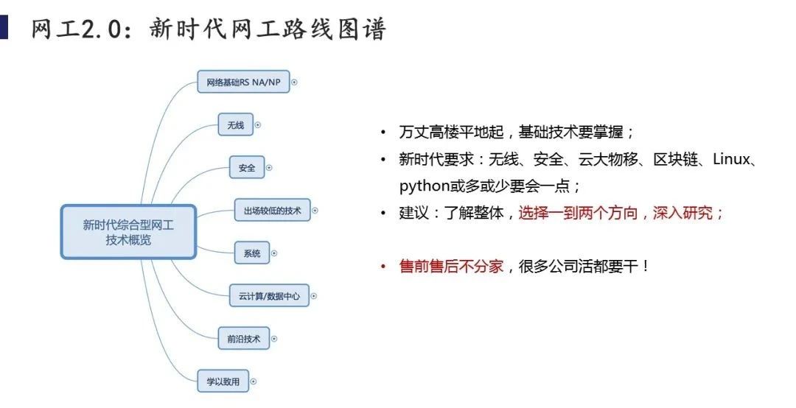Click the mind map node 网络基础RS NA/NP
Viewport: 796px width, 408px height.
pyautogui.click(x=243, y=82)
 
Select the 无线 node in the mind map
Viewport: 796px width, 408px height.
pyautogui.click(x=236, y=125)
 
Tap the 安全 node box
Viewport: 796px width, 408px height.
pyautogui.click(x=247, y=167)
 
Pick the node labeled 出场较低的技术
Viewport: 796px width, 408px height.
pyautogui.click(x=272, y=210)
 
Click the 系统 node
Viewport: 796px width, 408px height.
pyautogui.click(x=252, y=253)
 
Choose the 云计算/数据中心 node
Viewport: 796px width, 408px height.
pyautogui.click(x=269, y=296)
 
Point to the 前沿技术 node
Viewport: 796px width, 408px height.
pyautogui.click(x=244, y=339)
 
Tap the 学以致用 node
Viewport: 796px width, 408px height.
pyautogui.click(x=223, y=381)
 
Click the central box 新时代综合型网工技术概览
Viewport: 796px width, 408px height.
pyautogui.click(x=128, y=232)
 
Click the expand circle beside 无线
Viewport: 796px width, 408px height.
pyautogui.click(x=257, y=125)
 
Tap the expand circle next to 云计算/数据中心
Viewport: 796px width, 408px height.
pyautogui.click(x=314, y=296)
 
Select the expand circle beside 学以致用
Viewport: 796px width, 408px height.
pyautogui.click(x=254, y=381)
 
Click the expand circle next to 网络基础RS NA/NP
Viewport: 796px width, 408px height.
pyautogui.click(x=294, y=82)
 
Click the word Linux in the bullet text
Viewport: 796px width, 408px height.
pyautogui.click(x=731, y=159)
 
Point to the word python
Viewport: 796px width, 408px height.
pyautogui.click(x=425, y=187)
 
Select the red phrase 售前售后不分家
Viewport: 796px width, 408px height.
pyautogui.click(x=451, y=266)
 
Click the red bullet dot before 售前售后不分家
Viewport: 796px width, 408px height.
pyautogui.click(x=383, y=266)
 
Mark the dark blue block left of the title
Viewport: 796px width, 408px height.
pyautogui.click(x=4, y=27)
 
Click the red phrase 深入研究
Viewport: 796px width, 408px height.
pyautogui.click(x=682, y=213)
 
